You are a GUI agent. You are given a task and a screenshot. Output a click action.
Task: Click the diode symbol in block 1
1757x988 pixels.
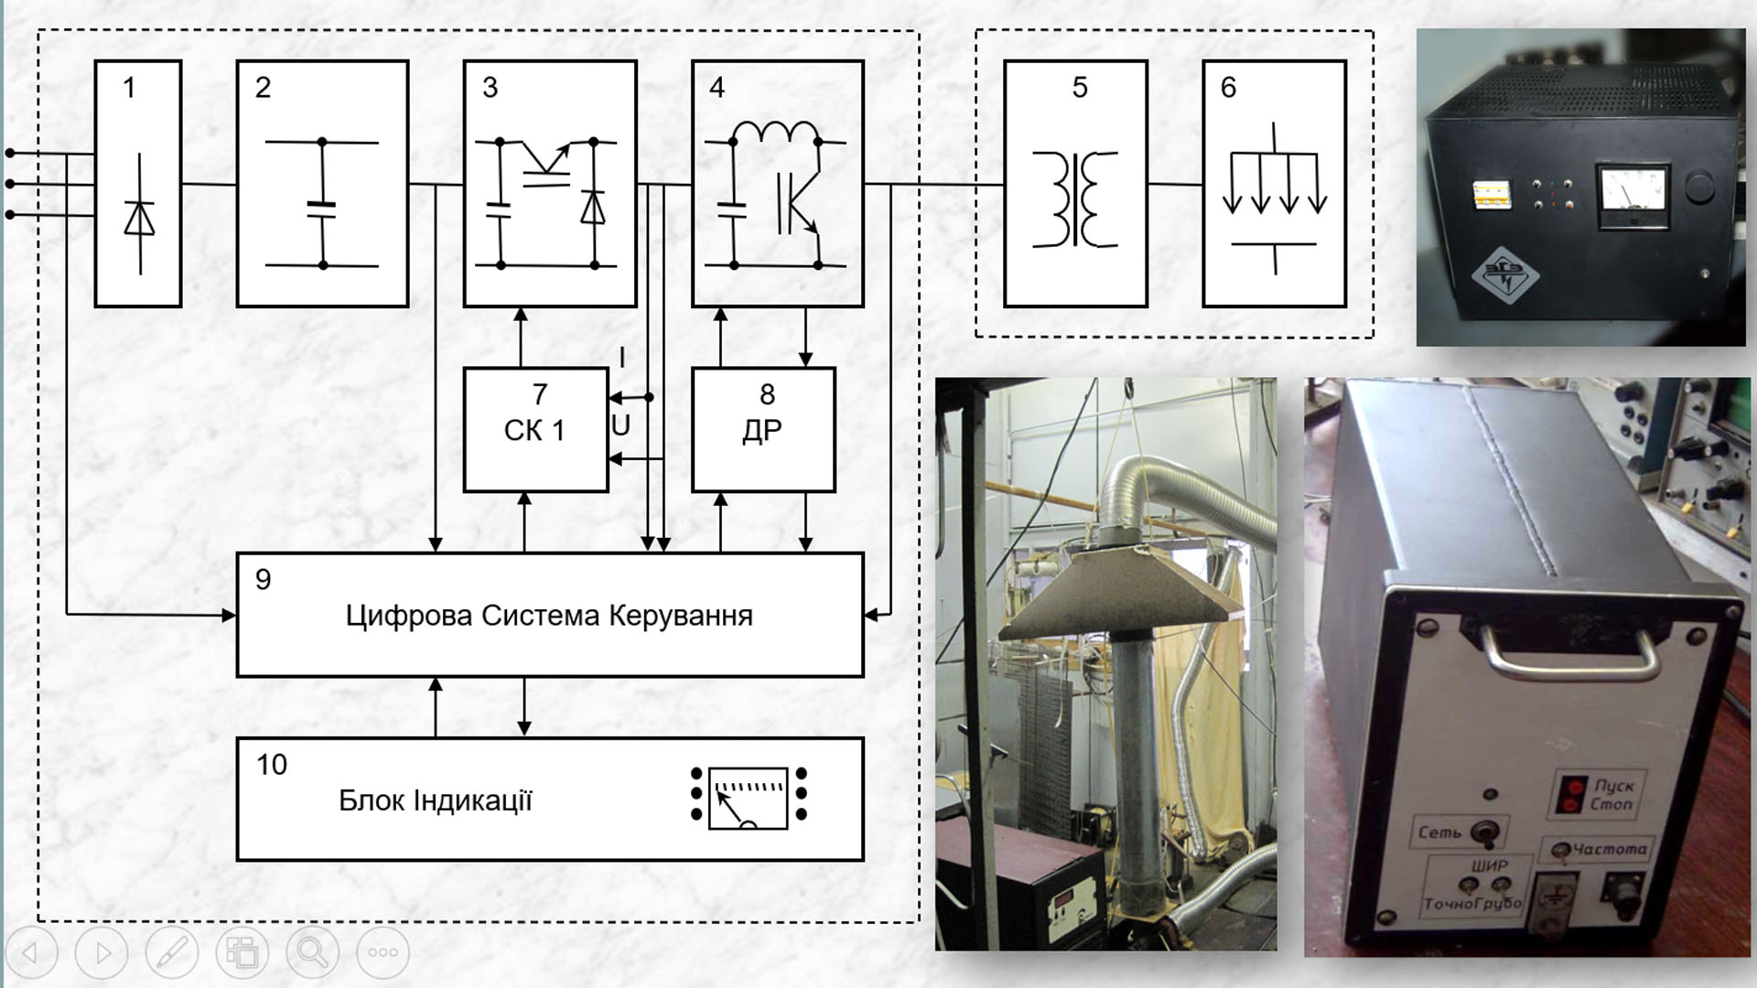(139, 218)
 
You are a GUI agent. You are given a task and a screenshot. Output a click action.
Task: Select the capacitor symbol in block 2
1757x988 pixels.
(322, 209)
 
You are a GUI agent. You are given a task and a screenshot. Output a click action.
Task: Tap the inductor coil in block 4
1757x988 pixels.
(775, 134)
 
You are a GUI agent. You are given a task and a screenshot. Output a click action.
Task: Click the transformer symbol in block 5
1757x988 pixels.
(1075, 199)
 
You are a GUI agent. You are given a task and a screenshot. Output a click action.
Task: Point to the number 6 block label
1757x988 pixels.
(1228, 88)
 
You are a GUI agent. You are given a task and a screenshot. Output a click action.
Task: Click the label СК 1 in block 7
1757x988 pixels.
(534, 430)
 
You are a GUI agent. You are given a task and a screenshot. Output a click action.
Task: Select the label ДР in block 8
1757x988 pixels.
(762, 430)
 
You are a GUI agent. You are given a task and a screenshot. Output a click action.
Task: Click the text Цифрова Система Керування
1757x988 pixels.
(549, 616)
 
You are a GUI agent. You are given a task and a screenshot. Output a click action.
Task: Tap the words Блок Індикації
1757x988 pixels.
(435, 800)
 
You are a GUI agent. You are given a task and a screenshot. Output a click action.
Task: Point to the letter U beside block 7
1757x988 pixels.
(620, 425)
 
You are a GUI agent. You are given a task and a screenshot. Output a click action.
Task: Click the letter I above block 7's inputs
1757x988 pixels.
(622, 358)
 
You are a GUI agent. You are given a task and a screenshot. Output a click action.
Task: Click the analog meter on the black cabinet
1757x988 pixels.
(1631, 197)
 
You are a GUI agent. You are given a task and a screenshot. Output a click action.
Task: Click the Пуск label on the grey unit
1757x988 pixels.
(1613, 786)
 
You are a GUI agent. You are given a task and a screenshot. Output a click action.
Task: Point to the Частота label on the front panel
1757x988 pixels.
(1610, 850)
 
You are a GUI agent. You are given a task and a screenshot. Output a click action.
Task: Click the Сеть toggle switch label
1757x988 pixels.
(1439, 832)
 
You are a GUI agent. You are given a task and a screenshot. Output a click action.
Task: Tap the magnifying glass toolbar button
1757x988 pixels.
(312, 952)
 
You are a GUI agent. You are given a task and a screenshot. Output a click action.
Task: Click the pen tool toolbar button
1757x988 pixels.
(171, 952)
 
